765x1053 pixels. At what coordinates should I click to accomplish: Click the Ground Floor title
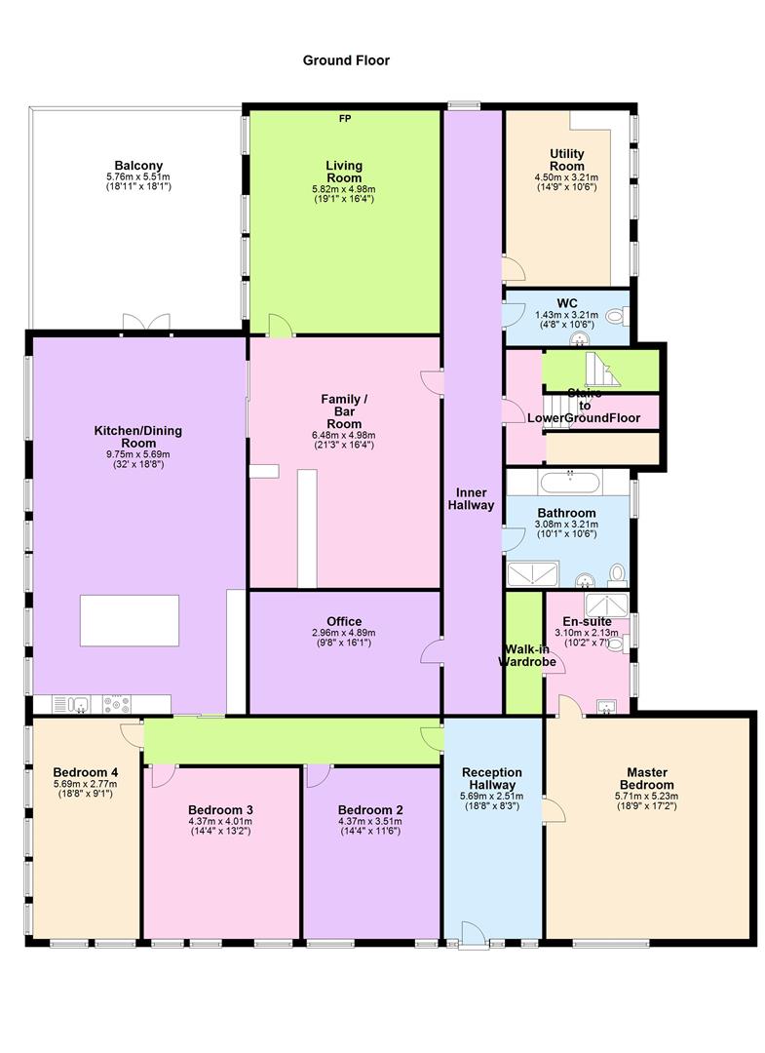click(345, 60)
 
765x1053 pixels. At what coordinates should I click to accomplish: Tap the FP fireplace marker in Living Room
click(344, 119)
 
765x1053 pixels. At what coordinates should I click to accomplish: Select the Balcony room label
click(138, 166)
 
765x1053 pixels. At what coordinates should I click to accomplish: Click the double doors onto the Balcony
click(146, 323)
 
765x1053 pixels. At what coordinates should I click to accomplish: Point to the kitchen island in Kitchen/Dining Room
click(129, 620)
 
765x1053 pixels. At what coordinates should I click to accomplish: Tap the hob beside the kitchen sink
click(118, 704)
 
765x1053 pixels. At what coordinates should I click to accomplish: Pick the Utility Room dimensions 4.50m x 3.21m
click(566, 178)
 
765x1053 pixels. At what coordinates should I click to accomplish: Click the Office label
click(344, 621)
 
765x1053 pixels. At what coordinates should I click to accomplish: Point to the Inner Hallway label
click(472, 498)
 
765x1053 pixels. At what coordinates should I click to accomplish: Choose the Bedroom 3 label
click(221, 810)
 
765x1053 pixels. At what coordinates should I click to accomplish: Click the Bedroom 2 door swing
click(316, 776)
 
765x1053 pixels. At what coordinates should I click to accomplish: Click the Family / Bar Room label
click(344, 411)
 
